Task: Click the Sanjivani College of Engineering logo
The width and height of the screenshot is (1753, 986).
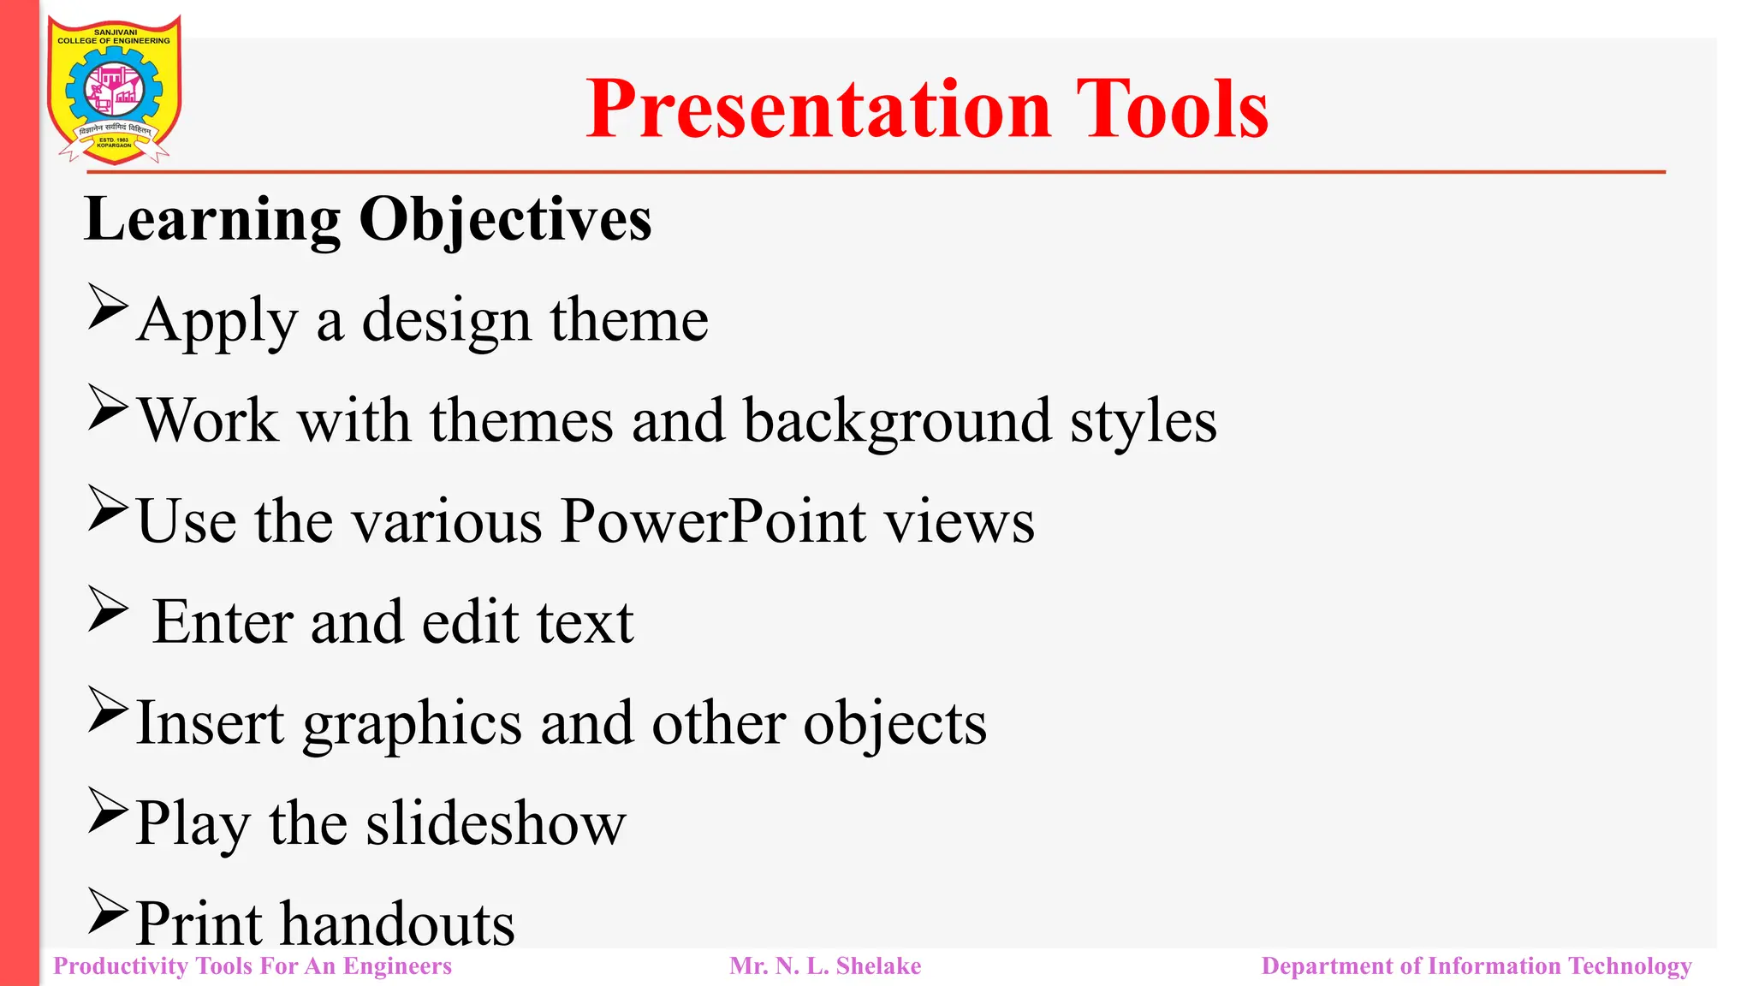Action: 114,90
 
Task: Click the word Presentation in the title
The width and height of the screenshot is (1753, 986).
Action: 818,110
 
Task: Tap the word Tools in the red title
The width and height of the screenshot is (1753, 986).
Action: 1172,110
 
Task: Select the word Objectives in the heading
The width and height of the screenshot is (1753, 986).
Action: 505,220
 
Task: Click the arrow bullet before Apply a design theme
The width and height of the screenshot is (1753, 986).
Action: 108,308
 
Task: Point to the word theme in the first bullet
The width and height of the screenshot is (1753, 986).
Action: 629,320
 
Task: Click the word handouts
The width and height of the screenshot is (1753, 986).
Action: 398,924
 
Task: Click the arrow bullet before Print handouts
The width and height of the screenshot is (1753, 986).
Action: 108,912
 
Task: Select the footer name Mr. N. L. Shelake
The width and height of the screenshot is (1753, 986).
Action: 825,966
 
